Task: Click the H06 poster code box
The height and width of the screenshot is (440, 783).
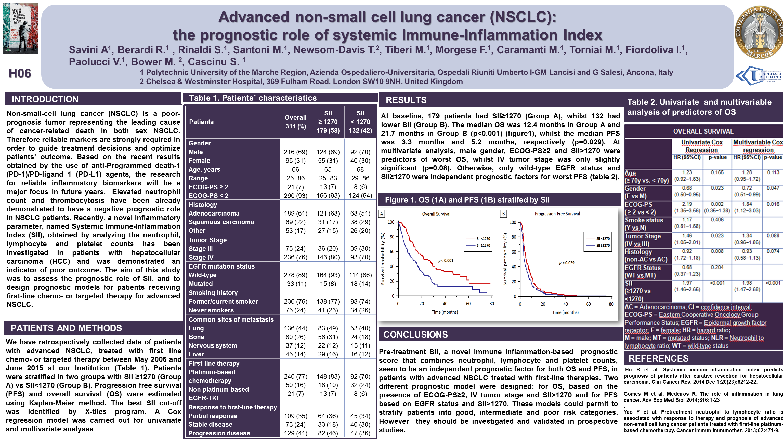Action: click(20, 73)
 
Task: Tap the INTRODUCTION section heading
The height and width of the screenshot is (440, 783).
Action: click(45, 99)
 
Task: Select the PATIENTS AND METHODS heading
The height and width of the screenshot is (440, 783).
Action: click(66, 328)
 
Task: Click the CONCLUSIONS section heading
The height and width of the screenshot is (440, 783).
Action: click(415, 335)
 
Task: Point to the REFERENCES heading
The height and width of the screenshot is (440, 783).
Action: click(658, 358)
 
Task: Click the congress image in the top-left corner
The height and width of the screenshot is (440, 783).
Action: click(20, 29)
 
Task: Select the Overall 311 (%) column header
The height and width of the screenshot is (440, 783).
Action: click(295, 122)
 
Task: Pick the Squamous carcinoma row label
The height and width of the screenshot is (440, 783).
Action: click(221, 222)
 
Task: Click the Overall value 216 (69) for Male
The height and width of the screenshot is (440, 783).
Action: click(295, 152)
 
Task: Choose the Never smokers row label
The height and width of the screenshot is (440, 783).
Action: click(211, 310)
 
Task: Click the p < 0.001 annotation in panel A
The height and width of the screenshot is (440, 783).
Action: click(446, 260)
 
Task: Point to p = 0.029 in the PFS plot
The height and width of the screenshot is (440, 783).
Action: click(567, 263)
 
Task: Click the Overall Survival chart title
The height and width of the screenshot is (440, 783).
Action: click(436, 214)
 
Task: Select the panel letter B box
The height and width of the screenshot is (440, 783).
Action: click(503, 214)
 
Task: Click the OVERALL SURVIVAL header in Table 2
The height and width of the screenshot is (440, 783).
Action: click(703, 131)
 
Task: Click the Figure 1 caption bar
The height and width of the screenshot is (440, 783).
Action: click(467, 200)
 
